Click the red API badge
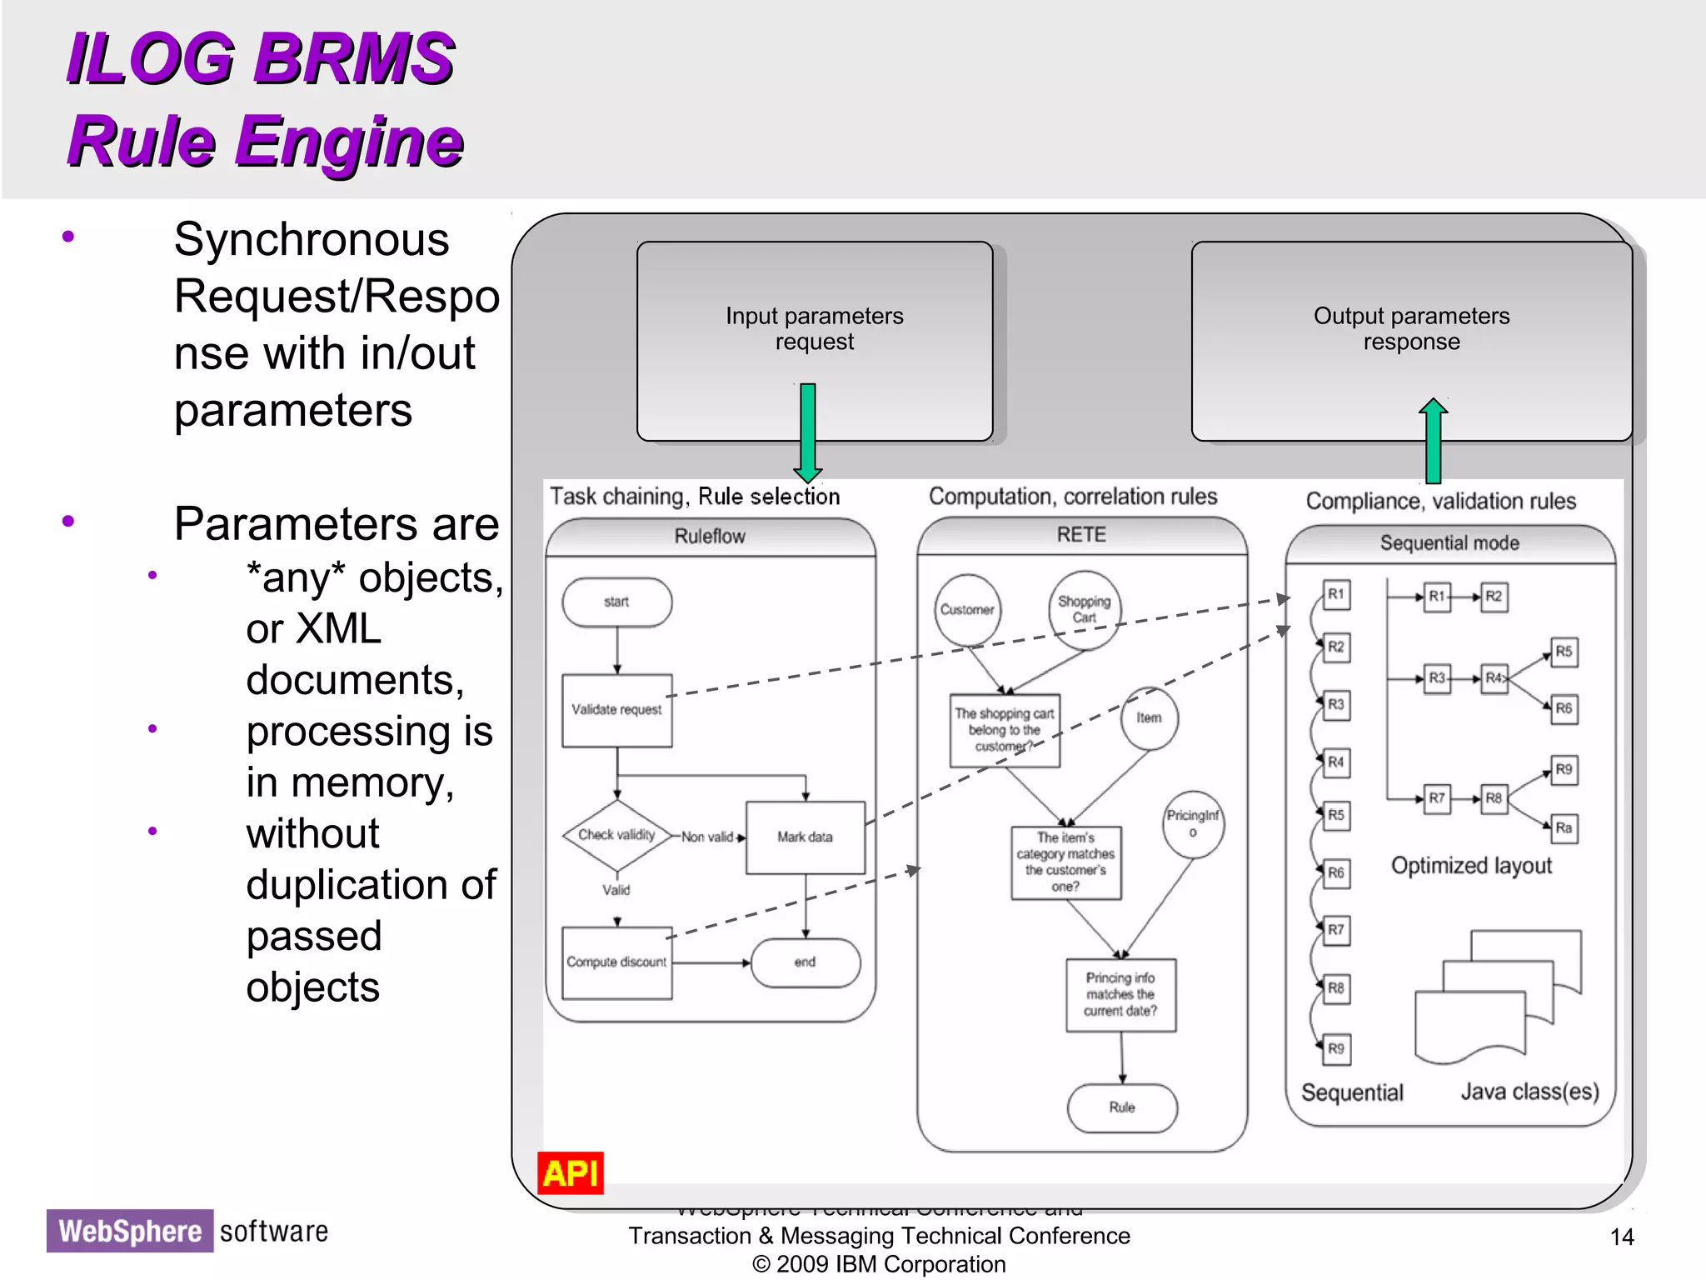click(570, 1173)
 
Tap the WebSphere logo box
click(130, 1231)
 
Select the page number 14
click(1621, 1237)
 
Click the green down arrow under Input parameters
click(807, 433)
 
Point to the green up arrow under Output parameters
click(1433, 442)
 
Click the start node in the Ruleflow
click(616, 602)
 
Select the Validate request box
click(616, 710)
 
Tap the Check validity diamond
click(616, 835)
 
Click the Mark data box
click(805, 837)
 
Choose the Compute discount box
click(616, 962)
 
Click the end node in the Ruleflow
click(805, 962)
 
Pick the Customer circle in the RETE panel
click(967, 609)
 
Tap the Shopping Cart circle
click(1084, 609)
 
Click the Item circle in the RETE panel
click(1149, 717)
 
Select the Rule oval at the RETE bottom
click(1122, 1107)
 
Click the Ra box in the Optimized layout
click(1564, 827)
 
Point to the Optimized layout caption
click(1471, 866)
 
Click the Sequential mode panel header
click(1449, 543)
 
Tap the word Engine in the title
click(349, 142)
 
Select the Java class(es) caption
click(1529, 1092)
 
